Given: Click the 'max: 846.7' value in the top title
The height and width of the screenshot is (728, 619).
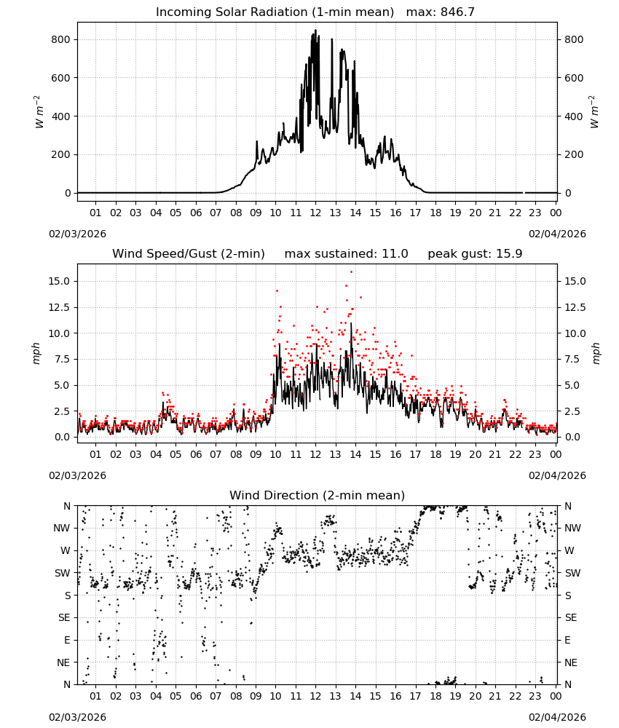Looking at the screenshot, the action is [441, 12].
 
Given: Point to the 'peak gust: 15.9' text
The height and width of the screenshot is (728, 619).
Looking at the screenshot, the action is [475, 253].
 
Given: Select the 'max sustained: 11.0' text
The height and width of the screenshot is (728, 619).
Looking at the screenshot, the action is [346, 253].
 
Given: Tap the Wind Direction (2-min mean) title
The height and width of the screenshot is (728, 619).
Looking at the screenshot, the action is [318, 495].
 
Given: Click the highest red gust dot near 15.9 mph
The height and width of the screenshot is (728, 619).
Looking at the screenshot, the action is [352, 272].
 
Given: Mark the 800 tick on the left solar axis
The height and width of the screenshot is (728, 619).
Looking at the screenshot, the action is [60, 39].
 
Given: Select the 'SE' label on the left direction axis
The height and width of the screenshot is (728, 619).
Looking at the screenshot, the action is [64, 617].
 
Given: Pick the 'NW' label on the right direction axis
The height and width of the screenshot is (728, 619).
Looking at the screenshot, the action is [572, 528].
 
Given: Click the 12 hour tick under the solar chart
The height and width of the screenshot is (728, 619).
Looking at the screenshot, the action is [315, 213].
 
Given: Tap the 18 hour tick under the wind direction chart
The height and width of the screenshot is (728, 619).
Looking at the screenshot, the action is [435, 696].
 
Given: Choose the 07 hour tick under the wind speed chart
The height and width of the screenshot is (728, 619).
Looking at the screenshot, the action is [216, 454].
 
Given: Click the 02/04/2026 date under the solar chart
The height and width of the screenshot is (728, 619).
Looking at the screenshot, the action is [557, 234].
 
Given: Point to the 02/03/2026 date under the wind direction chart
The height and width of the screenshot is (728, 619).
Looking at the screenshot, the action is [77, 717].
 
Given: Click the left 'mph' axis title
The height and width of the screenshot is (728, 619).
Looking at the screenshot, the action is [36, 353].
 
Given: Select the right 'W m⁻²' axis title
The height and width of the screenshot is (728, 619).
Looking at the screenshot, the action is [594, 112].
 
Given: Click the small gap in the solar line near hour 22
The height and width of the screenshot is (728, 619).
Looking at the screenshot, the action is [524, 193].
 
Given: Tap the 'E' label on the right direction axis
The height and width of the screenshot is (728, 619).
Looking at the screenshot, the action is [567, 640].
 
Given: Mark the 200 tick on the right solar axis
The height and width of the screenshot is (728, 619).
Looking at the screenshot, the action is [574, 154].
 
